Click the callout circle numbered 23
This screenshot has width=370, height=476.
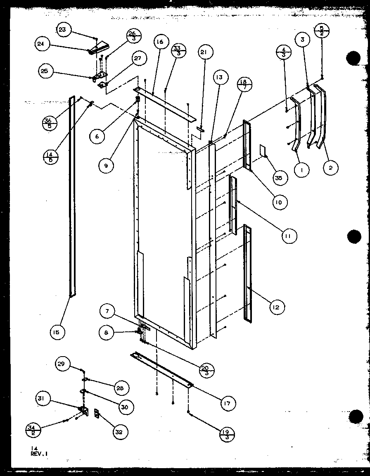tap(62, 30)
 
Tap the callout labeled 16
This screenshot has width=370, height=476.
tap(160, 42)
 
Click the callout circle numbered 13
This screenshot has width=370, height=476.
tap(218, 77)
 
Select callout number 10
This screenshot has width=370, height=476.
tap(280, 202)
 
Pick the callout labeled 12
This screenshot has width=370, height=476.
tap(278, 307)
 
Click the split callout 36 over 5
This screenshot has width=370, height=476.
tap(50, 123)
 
